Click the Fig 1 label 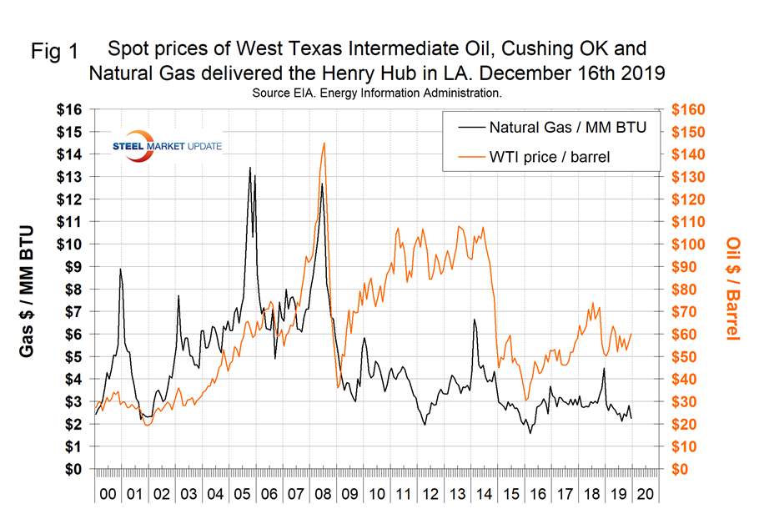point(54,51)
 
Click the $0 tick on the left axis point(75,469)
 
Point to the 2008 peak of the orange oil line point(324,143)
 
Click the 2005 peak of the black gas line point(249,168)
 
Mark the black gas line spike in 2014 point(475,320)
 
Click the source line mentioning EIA point(376,93)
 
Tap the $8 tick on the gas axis point(75,290)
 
